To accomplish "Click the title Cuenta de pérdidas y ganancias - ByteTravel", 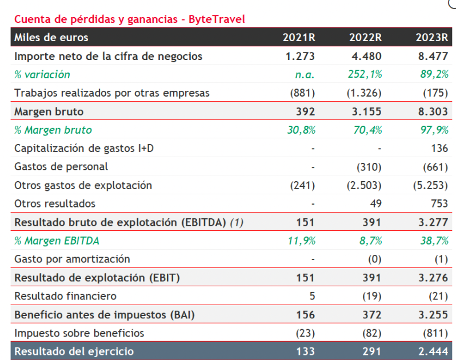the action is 130,19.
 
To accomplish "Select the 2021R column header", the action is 299,38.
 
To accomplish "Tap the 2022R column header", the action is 365,38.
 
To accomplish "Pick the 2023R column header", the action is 432,38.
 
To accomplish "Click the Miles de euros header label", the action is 51,38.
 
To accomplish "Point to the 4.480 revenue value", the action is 366,56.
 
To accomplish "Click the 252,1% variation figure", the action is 365,74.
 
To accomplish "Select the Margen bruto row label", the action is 49,111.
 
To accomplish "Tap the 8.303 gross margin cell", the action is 433,111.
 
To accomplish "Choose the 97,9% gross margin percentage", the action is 434,130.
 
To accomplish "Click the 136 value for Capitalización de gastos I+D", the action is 439,149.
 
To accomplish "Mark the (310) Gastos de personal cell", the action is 369,167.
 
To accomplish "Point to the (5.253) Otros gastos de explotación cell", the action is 430,185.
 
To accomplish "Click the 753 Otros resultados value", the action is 439,203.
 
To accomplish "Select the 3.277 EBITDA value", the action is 433,222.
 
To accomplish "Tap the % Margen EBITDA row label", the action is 57,241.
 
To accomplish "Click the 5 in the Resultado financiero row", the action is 312,296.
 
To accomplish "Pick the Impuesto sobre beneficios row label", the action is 79,333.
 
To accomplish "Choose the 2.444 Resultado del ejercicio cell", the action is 433,351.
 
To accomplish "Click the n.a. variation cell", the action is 305,75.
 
